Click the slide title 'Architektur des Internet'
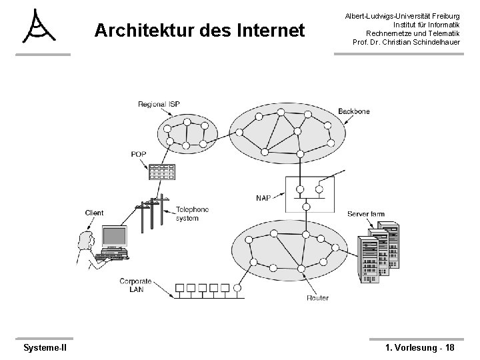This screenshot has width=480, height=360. [x=199, y=31]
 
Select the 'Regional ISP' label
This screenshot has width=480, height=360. [x=159, y=104]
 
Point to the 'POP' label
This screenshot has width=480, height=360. [x=138, y=154]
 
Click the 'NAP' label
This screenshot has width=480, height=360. [x=263, y=197]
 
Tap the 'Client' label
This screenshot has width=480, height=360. [x=94, y=213]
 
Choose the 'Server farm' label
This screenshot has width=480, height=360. [x=365, y=214]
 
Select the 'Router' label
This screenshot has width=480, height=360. [x=317, y=297]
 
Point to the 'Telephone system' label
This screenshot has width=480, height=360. [x=192, y=213]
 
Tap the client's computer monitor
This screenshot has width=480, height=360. [x=113, y=237]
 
